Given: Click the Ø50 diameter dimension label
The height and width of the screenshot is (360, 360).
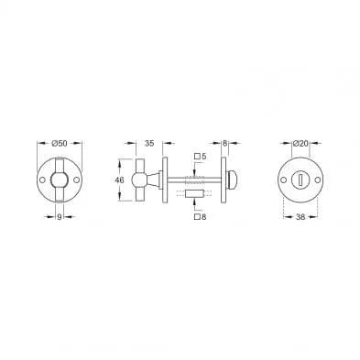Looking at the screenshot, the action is click(x=60, y=143).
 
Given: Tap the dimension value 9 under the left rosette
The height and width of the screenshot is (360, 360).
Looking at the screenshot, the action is click(x=60, y=217).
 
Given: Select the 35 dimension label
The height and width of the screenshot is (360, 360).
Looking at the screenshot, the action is click(x=149, y=143).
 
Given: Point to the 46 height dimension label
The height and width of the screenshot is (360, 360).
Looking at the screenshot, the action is click(x=120, y=180).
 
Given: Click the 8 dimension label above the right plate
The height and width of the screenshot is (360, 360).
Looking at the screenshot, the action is click(x=224, y=143).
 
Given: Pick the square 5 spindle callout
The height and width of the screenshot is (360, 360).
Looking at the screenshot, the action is click(x=201, y=157).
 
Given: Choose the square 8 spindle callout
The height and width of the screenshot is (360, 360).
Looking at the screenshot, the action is click(x=201, y=217).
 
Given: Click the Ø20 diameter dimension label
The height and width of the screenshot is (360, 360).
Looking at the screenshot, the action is click(x=300, y=143).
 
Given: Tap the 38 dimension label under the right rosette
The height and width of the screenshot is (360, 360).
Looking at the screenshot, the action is click(x=300, y=217).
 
